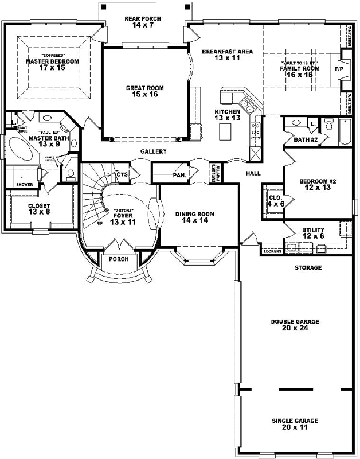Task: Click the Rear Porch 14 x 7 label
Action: point(143,22)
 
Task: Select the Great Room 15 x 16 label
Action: point(145,92)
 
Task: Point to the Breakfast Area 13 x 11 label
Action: point(227,55)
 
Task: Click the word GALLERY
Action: point(153,151)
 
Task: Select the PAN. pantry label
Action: point(179,175)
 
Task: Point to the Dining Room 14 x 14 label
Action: point(195,217)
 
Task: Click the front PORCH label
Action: point(118,259)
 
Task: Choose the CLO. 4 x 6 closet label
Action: point(273,200)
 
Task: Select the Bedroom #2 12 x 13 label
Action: point(316,185)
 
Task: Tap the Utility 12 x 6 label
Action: point(313,233)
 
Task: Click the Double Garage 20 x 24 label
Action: point(295,325)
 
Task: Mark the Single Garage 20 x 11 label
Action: point(295,424)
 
